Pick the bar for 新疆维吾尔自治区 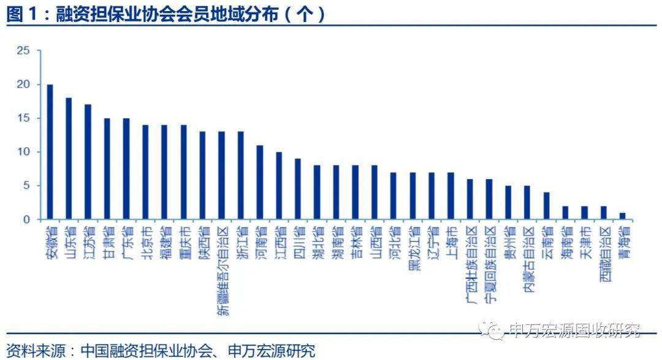pos(221,175)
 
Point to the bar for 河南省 pos(260,182)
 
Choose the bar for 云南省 pos(546,206)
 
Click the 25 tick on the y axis pos(23,51)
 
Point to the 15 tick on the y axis pos(23,118)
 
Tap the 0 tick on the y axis pos(26,220)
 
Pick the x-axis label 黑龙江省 pos(413,248)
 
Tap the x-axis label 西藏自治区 pos(604,254)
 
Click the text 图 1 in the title pos(22,15)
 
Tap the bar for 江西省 pos(279,186)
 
